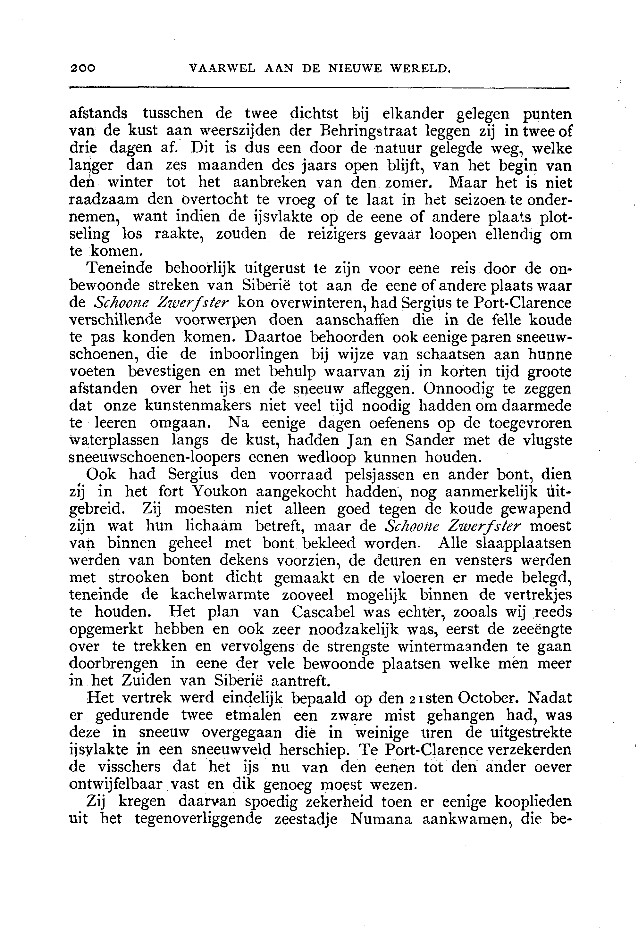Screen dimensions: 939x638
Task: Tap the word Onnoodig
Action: pyautogui.click(x=458, y=389)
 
